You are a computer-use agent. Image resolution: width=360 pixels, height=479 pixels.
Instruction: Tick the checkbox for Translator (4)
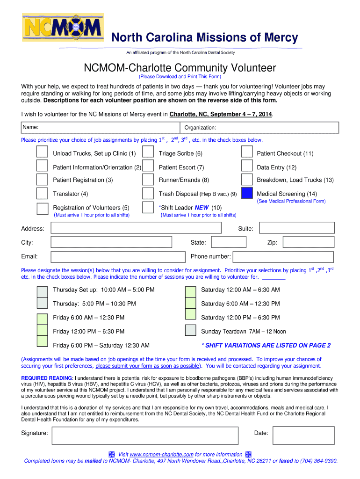click(x=43, y=194)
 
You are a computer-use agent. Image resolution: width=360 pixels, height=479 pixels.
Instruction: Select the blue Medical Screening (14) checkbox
click(x=247, y=194)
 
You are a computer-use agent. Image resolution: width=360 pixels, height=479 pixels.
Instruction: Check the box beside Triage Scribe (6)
click(x=148, y=152)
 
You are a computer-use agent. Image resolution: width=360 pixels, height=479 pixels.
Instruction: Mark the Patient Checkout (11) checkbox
click(x=247, y=152)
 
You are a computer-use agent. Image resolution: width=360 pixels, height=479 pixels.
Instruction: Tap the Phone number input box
click(x=283, y=257)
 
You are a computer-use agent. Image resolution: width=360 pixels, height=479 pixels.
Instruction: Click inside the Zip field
click(x=309, y=242)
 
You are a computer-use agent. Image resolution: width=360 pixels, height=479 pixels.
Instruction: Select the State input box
click(x=228, y=242)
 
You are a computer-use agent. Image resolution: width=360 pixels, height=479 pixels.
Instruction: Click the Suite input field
click(x=296, y=228)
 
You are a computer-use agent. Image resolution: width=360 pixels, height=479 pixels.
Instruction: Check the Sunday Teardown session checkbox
click(x=190, y=330)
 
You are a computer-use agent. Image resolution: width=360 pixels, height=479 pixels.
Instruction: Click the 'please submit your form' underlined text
click(x=147, y=366)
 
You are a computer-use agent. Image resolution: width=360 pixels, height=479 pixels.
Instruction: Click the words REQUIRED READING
click(x=47, y=377)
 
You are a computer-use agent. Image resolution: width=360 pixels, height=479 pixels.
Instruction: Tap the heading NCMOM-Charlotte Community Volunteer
click(x=180, y=68)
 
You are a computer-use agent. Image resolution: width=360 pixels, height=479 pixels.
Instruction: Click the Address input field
click(x=136, y=228)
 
